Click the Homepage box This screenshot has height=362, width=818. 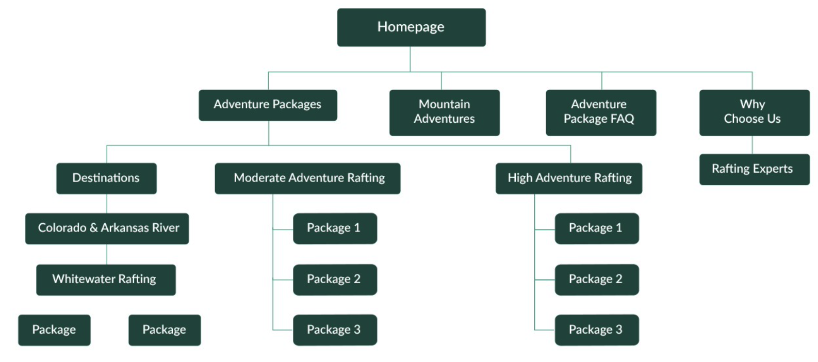point(411,27)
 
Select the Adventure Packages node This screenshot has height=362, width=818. point(268,105)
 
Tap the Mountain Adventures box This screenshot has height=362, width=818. point(444,112)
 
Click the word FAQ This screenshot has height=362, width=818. point(622,119)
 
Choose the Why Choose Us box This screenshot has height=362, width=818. point(754,112)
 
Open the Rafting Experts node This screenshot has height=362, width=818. point(754,169)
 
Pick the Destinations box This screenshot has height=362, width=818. point(106,178)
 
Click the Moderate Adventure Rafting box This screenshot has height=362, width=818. point(307,178)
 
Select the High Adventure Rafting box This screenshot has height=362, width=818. point(568,178)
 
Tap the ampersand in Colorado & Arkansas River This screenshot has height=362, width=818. point(93,228)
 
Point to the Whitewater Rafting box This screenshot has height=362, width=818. point(106,279)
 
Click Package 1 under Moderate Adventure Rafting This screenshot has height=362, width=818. point(335,228)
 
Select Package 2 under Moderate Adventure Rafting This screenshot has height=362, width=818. point(335,279)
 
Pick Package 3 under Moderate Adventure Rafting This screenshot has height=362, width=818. point(335,330)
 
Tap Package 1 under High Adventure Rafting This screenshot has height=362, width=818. point(596,228)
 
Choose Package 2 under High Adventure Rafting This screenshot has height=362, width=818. point(596,279)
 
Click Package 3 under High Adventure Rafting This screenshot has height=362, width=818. point(596,330)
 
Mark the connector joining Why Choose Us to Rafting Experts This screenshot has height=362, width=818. point(752,145)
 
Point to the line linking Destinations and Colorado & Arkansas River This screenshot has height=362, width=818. point(107,204)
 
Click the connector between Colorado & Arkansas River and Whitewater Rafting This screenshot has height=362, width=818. point(107,254)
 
